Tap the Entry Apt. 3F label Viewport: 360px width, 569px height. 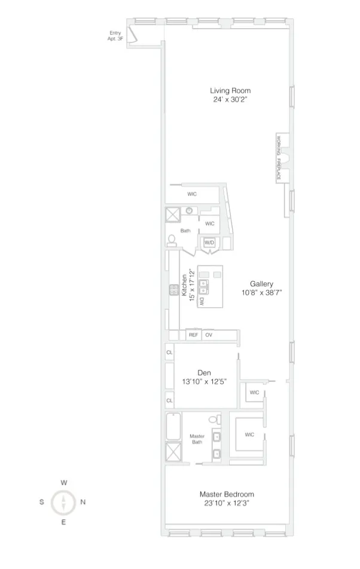[115, 36]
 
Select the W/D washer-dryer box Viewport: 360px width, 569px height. [209, 243]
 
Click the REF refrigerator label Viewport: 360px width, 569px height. [193, 335]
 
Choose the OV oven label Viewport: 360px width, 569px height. [209, 335]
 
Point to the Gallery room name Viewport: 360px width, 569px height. [262, 284]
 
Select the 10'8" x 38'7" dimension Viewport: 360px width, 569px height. [262, 293]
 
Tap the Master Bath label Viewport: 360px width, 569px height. [198, 439]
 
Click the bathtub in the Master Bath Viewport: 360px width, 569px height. [173, 426]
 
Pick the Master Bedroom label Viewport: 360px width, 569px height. [227, 494]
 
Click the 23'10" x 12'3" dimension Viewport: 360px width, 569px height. [227, 503]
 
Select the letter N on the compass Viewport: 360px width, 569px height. [83, 502]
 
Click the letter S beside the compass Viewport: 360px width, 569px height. [42, 502]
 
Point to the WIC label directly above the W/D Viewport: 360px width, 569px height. [209, 224]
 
